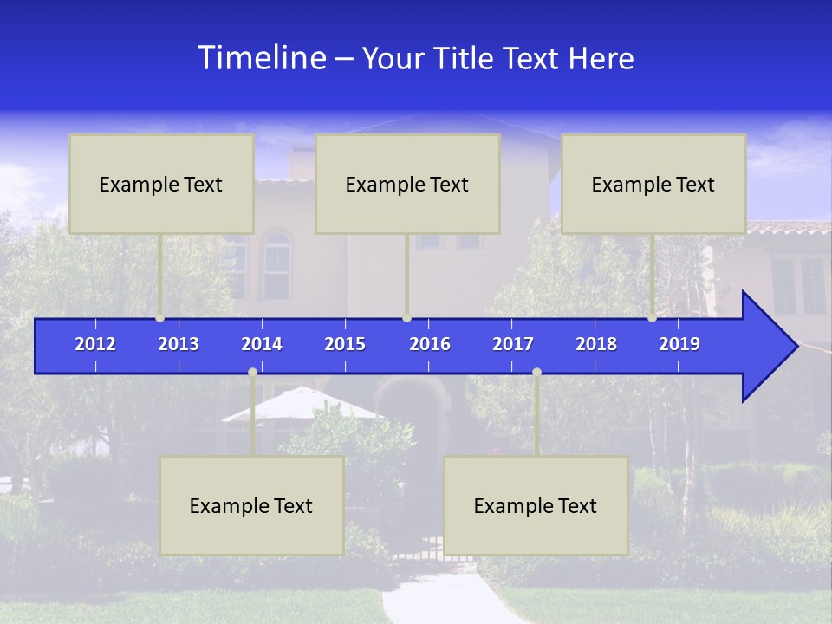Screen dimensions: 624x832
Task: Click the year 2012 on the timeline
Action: pyautogui.click(x=95, y=344)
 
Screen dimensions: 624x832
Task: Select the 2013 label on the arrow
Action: pyautogui.click(x=179, y=344)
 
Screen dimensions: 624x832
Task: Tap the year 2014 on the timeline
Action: pyautogui.click(x=262, y=344)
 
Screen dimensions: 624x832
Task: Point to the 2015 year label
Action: pyautogui.click(x=345, y=344)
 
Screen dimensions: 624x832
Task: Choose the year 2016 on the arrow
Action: pyautogui.click(x=430, y=344)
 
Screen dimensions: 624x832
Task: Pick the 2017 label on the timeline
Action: pyautogui.click(x=513, y=344)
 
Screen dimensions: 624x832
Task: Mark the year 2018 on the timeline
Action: pyautogui.click(x=596, y=344)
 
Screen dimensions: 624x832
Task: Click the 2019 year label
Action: pyautogui.click(x=679, y=344)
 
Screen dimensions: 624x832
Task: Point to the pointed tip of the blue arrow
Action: pyautogui.click(x=796, y=347)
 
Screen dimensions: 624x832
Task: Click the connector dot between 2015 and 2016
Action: pyautogui.click(x=406, y=318)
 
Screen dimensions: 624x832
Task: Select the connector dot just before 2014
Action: pyautogui.click(x=252, y=373)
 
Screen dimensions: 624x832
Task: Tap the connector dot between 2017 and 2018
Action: pyautogui.click(x=536, y=373)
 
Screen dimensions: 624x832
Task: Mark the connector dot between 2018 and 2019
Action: pyautogui.click(x=652, y=318)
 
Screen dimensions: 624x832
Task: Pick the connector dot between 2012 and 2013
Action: pyautogui.click(x=160, y=318)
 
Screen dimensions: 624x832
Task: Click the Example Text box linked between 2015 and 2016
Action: pyautogui.click(x=407, y=184)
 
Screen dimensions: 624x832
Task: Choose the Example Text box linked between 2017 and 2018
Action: pyautogui.click(x=536, y=505)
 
